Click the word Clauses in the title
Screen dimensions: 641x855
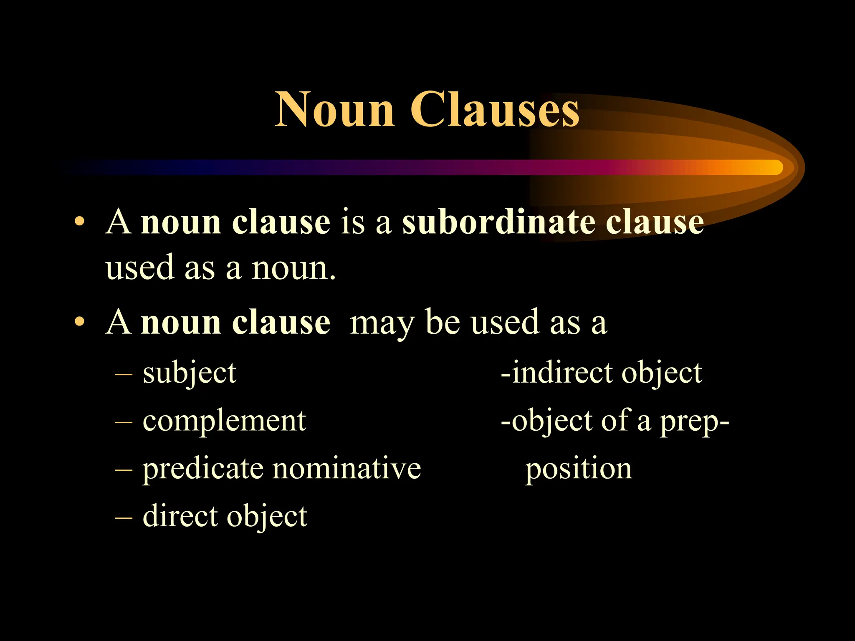(x=495, y=109)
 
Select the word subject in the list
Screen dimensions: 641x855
(x=190, y=373)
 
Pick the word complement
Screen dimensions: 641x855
(x=224, y=421)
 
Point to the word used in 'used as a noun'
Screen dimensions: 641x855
(x=139, y=268)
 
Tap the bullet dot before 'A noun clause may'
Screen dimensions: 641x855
(x=79, y=322)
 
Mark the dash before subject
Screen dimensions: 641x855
(x=124, y=373)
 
